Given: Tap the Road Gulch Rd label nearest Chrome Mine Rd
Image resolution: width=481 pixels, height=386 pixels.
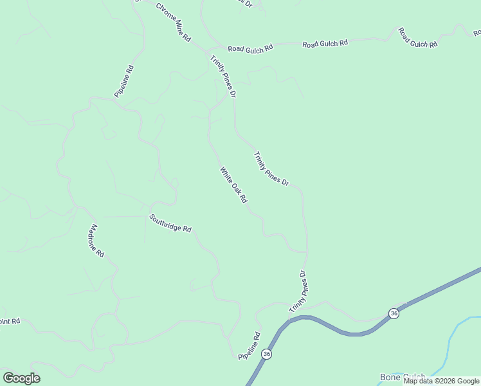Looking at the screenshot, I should point(250,48).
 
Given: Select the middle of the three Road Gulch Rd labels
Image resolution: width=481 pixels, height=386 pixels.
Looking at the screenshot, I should point(325,43).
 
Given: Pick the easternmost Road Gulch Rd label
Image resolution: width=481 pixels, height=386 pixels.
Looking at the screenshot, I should point(417,37).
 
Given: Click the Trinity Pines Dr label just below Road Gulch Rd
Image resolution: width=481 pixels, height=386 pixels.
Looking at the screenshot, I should point(223,77).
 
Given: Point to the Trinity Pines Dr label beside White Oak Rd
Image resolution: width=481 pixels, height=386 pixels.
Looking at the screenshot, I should point(271,169).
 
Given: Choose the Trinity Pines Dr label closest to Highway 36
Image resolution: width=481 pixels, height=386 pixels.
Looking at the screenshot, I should point(300,291).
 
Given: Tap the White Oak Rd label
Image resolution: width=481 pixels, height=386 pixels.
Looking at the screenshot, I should point(233,185).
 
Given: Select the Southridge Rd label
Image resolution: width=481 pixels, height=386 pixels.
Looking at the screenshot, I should point(170,223).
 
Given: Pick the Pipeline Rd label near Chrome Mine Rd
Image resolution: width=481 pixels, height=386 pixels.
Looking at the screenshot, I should point(124,81).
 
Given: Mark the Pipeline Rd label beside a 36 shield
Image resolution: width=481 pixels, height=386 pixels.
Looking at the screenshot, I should point(248,345).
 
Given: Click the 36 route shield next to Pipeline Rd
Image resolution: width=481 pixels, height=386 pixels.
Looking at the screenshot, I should point(267,354).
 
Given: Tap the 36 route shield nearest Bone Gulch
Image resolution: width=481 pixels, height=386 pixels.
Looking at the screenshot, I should point(394,313).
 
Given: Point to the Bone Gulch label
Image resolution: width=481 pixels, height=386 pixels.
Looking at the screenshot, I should point(403,377).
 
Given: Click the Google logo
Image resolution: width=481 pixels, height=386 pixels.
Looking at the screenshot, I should point(21,378).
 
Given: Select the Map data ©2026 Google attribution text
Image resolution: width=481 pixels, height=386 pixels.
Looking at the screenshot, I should point(442,381).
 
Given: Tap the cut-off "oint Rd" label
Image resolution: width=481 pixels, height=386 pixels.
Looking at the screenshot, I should point(10,321).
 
